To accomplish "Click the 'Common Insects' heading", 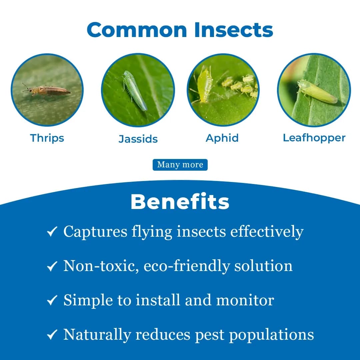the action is (x=180, y=30).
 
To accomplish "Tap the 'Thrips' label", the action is (x=47, y=138).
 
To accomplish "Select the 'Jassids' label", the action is (x=138, y=139).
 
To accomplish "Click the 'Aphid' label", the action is (x=222, y=138).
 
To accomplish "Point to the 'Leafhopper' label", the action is (x=314, y=138).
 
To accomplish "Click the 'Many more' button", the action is (x=180, y=165).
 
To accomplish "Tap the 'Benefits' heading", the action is (x=180, y=202).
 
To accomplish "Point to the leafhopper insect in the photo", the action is (x=317, y=91).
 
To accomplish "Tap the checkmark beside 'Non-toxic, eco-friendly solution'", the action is (x=52, y=266).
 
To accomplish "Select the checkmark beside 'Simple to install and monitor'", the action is (x=52, y=300).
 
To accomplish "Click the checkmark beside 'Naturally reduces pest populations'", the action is (x=52, y=335).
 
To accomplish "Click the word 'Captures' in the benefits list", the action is (x=95, y=232).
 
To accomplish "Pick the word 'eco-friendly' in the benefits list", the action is (x=186, y=266).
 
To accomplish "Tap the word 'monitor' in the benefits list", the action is (x=245, y=300).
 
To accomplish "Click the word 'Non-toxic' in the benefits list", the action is (x=101, y=266).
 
